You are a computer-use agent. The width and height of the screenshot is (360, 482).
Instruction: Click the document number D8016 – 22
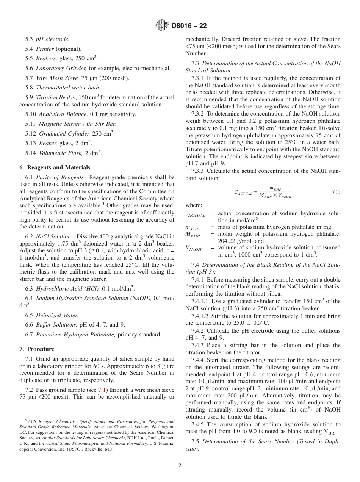(189, 26)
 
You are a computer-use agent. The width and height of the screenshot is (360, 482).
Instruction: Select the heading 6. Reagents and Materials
(55, 167)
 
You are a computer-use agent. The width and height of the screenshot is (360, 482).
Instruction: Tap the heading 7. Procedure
(37, 349)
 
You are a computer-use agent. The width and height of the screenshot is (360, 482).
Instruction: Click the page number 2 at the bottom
(180, 466)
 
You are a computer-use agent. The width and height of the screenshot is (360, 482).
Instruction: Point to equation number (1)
(337, 192)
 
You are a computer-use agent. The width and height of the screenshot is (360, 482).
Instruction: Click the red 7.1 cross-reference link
(102, 390)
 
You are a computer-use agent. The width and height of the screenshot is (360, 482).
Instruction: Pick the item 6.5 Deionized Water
(52, 315)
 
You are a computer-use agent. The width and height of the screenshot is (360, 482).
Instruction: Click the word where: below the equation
(194, 205)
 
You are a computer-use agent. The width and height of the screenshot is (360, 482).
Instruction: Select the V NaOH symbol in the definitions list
(193, 249)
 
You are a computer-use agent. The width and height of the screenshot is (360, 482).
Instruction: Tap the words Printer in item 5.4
(45, 49)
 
